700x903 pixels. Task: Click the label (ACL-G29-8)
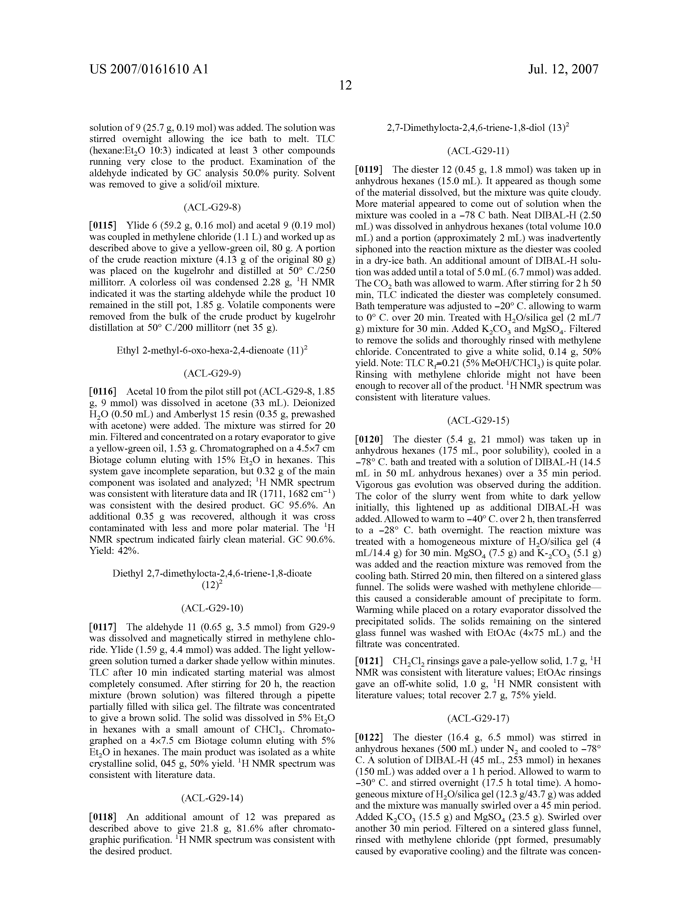tap(212, 207)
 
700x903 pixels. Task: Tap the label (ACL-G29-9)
tap(212, 373)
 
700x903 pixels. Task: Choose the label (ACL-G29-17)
tap(478, 719)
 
